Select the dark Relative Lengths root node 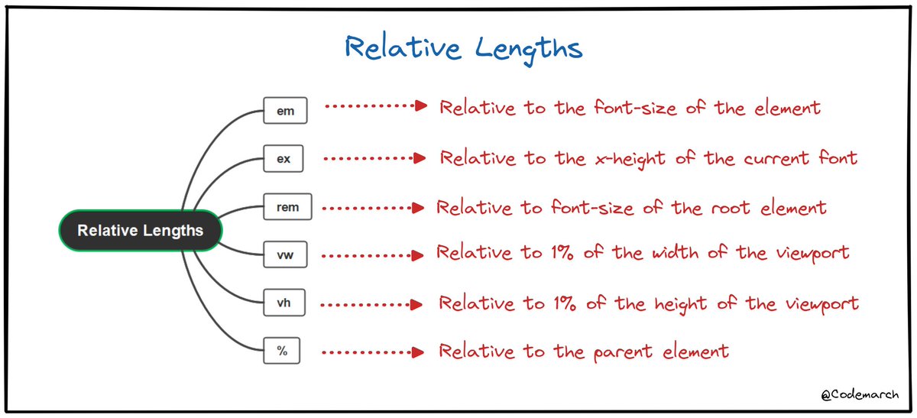(141, 230)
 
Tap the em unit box (284, 110)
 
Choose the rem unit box (287, 207)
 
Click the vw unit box (284, 254)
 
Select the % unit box (282, 352)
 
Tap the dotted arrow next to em (374, 106)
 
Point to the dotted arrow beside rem (373, 207)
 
